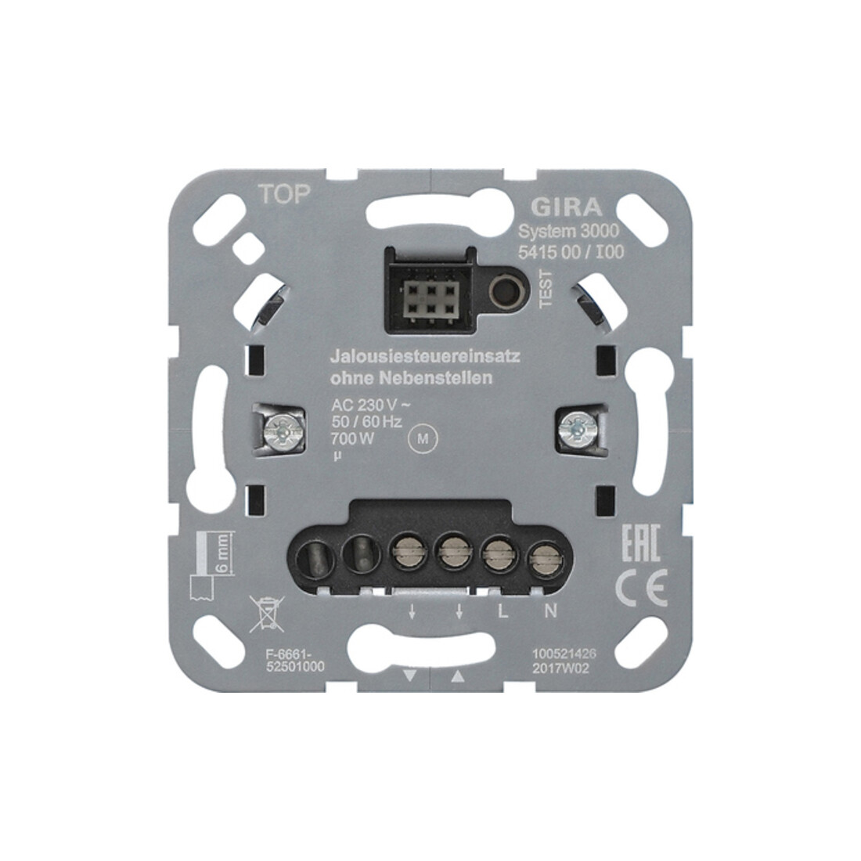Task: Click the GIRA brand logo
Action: click(x=566, y=207)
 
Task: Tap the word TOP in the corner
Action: click(x=284, y=194)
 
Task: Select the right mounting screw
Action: click(x=576, y=427)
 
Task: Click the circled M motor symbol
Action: click(x=423, y=438)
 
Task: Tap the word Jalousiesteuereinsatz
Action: click(x=425, y=356)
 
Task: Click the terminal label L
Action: click(x=502, y=611)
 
